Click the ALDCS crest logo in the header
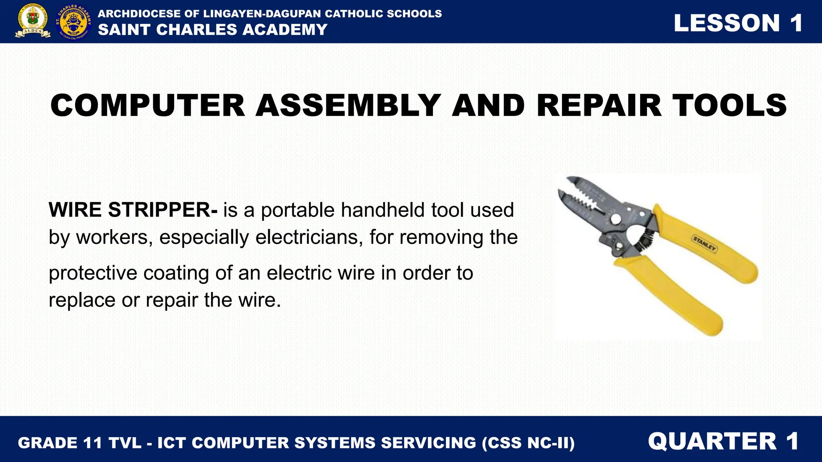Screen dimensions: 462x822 (x=33, y=21)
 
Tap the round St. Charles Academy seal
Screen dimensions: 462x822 (x=73, y=22)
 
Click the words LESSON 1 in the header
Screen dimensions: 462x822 (x=738, y=23)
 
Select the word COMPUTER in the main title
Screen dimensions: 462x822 (x=147, y=105)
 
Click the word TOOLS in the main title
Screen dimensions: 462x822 (x=729, y=105)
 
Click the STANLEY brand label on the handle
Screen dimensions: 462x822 (x=704, y=243)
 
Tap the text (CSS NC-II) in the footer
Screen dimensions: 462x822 (x=528, y=443)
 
